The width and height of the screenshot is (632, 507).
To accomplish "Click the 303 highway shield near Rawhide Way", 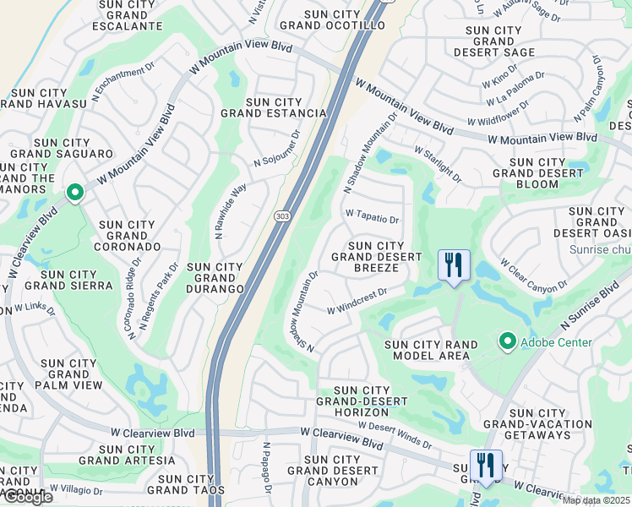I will tap(281, 217).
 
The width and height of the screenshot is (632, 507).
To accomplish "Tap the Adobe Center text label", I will tap(556, 342).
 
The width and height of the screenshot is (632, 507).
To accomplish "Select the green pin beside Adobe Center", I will tap(508, 341).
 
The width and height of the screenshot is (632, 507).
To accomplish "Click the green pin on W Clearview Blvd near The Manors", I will tap(75, 194).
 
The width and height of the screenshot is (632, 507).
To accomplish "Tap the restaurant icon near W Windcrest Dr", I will tap(454, 265).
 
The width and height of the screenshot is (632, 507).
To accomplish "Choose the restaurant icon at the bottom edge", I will tap(486, 465).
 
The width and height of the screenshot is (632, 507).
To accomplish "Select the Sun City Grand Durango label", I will tap(215, 277).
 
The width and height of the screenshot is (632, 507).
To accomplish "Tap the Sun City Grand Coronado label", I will tap(128, 236).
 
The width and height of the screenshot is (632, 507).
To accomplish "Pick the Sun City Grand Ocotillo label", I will tap(332, 19).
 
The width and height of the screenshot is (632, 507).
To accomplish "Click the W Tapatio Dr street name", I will tap(371, 218).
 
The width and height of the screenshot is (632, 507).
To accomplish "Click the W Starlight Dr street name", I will tap(438, 164).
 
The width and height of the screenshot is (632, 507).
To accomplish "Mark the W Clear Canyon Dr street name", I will tap(534, 275).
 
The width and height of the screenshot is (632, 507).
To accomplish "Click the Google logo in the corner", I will tap(27, 497).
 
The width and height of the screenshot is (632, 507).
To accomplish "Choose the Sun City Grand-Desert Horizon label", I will tap(351, 401).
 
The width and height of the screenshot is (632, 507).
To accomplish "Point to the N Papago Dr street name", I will tap(266, 468).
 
